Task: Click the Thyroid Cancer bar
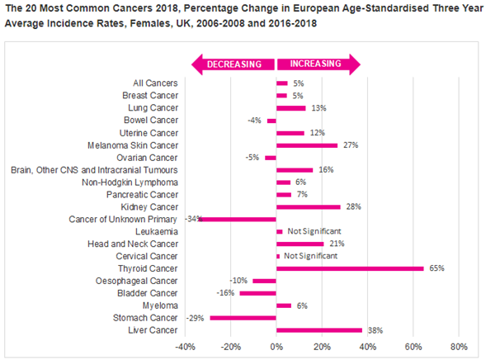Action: click(350, 268)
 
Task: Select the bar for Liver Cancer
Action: click(319, 330)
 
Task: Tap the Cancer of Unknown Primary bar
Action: click(237, 220)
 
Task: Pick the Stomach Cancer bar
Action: click(243, 318)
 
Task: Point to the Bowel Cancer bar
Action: click(271, 121)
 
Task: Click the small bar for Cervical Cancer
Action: click(278, 256)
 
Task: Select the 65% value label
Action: click(436, 268)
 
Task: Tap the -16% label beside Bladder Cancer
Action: click(225, 293)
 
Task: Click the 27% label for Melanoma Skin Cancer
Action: click(351, 145)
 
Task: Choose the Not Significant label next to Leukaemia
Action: click(314, 231)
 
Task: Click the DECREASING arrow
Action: click(233, 64)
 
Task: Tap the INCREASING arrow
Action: click(319, 64)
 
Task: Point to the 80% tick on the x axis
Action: click(459, 347)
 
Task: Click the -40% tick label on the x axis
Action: click(186, 347)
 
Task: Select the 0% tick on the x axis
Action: click(276, 347)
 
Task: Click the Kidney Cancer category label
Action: click(149, 206)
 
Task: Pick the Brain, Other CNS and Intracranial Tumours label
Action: click(94, 170)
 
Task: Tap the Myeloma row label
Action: click(160, 306)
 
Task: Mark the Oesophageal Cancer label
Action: click(136, 281)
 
